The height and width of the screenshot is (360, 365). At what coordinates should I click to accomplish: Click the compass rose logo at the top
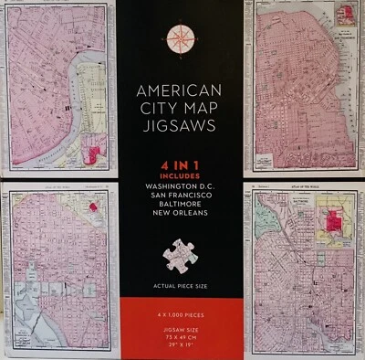182,38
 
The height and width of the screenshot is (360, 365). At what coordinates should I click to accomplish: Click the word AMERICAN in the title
180,91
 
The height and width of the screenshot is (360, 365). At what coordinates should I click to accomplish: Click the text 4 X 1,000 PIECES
181,315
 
